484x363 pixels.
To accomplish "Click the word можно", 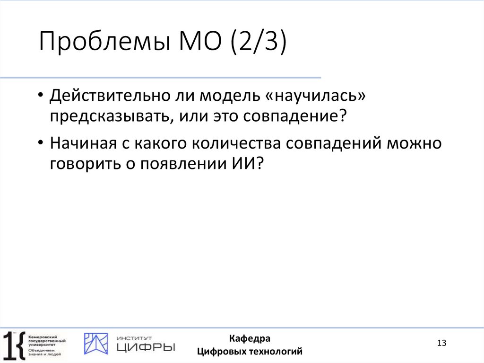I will (415, 143).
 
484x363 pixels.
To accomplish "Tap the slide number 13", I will (442, 343).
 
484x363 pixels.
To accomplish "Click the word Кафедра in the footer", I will (250, 338).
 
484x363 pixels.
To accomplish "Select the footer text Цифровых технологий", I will (250, 352).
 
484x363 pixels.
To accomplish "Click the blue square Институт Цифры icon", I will (96, 344).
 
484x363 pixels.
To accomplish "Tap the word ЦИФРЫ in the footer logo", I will (145, 347).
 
